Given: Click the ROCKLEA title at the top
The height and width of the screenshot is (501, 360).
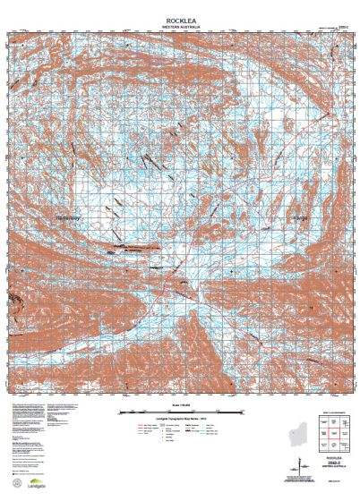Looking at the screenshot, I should tap(179, 19).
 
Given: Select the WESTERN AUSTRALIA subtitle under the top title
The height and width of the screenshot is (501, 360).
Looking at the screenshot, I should tap(179, 26).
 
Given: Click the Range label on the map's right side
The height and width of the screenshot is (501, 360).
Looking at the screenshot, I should tap(299, 217).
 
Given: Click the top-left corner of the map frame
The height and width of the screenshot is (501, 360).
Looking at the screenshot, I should tap(10, 32).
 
